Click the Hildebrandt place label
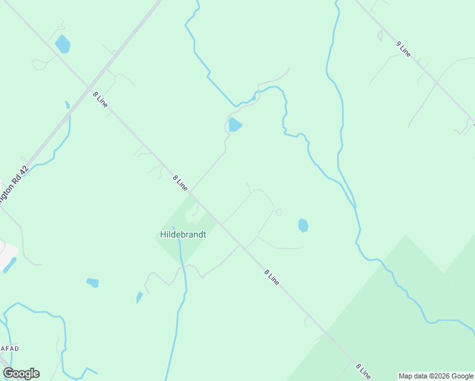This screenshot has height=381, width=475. tap(183, 234)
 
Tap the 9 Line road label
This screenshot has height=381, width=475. tap(404, 49)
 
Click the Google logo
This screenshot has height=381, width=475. tap(21, 373)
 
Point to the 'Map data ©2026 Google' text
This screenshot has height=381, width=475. tap(436, 376)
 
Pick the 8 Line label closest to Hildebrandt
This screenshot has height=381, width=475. tap(180, 183)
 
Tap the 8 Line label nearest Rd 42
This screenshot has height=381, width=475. tap(100, 99)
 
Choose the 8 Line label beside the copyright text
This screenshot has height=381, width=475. tap(363, 370)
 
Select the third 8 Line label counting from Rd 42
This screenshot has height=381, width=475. tap(271, 276)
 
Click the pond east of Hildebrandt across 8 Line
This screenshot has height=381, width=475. tap(303, 225)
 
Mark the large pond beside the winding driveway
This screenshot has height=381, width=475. tap(235, 124)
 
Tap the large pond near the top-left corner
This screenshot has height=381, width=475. tap(62, 44)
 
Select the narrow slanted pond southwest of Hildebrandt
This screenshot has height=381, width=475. tap(139, 297)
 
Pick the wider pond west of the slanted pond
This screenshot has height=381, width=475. tap(93, 283)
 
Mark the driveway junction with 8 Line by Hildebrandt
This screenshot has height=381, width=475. tap(191, 192)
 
